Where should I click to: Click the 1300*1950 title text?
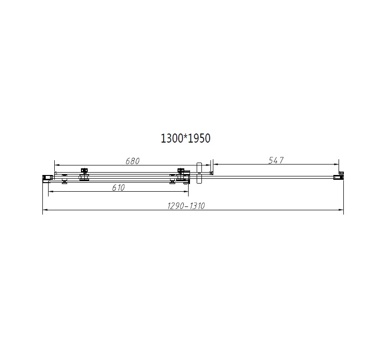pos(185,138)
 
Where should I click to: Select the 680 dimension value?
pos(132,161)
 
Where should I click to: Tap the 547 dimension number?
pos(276,160)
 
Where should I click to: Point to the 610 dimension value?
pos(119,187)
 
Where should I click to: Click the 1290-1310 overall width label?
pos(186,206)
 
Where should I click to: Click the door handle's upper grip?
pos(200,168)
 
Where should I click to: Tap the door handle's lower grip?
pos(200,179)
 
